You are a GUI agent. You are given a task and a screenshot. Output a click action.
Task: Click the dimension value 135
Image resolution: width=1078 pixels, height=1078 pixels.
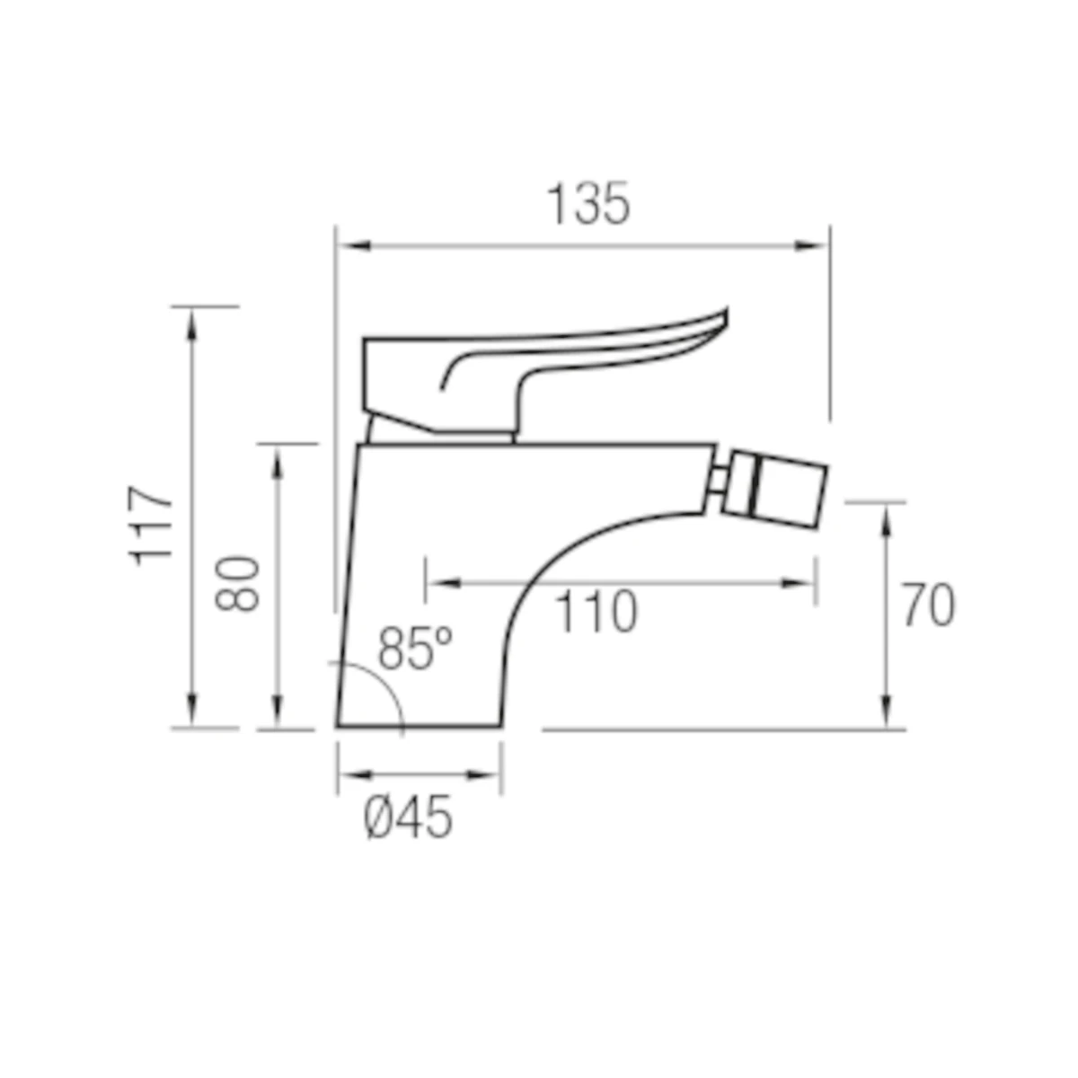click(588, 204)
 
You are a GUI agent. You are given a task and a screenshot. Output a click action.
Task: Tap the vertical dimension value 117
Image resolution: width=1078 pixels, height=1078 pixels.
click(150, 526)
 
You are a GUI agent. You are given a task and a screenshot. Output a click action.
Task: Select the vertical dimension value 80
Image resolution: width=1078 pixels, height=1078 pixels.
click(237, 584)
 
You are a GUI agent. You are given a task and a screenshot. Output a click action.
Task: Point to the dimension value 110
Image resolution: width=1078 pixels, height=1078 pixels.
click(596, 612)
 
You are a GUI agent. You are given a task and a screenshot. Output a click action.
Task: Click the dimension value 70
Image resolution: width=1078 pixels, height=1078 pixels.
click(929, 605)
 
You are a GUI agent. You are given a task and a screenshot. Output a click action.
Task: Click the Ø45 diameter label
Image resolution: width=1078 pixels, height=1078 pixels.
click(407, 817)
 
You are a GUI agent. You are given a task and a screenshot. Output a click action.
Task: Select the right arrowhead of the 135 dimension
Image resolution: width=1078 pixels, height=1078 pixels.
click(811, 245)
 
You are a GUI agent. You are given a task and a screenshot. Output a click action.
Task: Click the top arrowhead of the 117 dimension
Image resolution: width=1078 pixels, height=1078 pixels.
click(192, 325)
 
